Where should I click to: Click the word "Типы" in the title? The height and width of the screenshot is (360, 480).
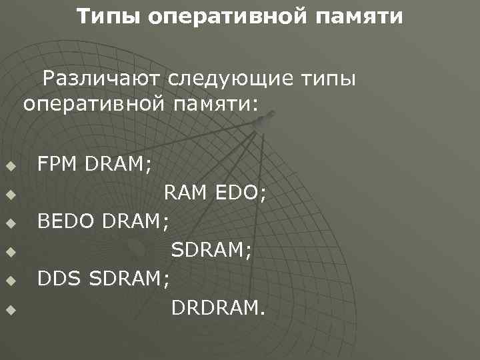pos(107,16)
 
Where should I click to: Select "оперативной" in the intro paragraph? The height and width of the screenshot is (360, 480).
pos(94,104)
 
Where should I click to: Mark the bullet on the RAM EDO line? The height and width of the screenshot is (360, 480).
pos(10,195)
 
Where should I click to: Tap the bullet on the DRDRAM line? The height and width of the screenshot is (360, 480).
pos(10,310)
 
